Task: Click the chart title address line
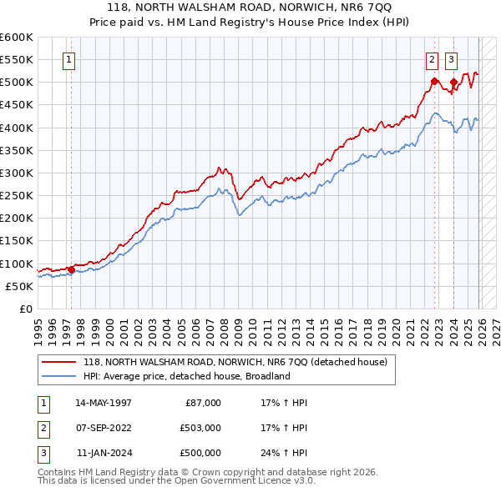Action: [x=250, y=8]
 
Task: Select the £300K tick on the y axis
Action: [x=17, y=173]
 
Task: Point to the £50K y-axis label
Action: [x=19, y=286]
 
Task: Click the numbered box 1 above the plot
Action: [x=68, y=59]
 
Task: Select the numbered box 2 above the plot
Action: [x=432, y=59]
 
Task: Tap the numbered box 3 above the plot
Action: [x=451, y=59]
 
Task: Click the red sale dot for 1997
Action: [x=71, y=269]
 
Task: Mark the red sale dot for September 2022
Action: [x=434, y=81]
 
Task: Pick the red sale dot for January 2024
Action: [x=453, y=83]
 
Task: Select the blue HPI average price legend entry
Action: [x=186, y=376]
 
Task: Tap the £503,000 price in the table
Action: [x=200, y=428]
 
